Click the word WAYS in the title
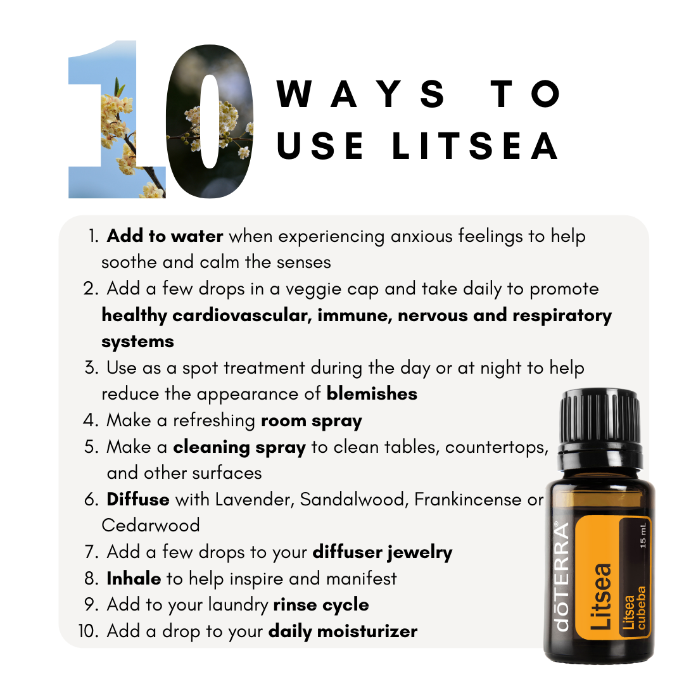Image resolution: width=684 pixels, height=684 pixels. point(361,94)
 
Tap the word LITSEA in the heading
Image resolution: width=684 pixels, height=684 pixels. point(475,146)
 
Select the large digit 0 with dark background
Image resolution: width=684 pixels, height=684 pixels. point(210,121)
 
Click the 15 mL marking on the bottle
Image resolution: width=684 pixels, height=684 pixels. point(643,535)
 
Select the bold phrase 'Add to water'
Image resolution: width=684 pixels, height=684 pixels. point(165,236)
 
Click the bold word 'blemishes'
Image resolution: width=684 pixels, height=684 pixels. point(372,394)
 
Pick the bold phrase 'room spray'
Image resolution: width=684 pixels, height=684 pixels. point(312,421)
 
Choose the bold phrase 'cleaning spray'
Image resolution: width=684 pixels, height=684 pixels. point(239,448)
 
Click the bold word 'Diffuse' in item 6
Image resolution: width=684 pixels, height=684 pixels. point(138,499)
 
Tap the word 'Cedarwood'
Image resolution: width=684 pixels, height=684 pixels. point(151,525)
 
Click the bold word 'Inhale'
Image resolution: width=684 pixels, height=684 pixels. point(134,578)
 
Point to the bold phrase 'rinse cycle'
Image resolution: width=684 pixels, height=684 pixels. point(321,605)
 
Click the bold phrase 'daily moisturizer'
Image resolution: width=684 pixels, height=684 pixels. point(343,631)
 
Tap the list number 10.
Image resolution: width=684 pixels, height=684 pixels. point(89,631)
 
